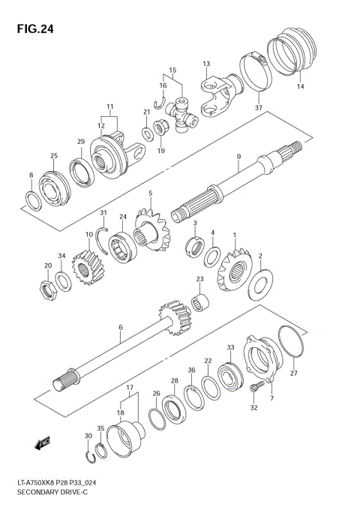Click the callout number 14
coord(300,87)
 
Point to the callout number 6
coord(119,328)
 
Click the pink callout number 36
coord(191,370)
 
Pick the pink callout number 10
coord(88,235)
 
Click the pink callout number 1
coord(233,235)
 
